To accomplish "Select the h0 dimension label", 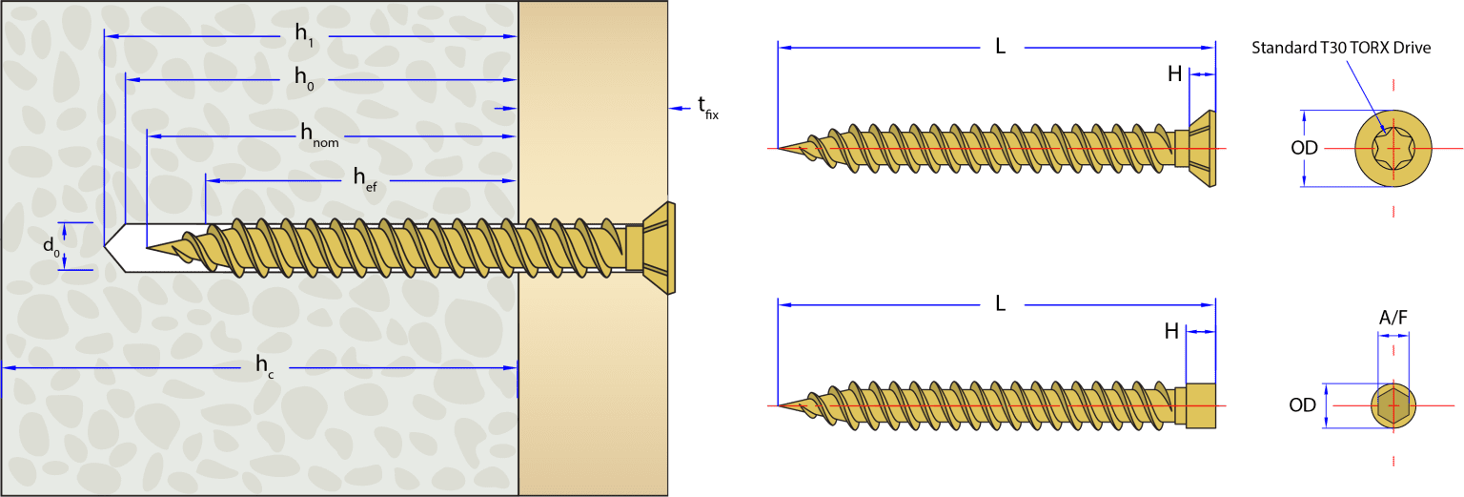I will [x=304, y=81].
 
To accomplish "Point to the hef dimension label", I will [x=364, y=177].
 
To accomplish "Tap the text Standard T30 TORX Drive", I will [x=1340, y=47].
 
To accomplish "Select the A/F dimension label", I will [x=1393, y=319].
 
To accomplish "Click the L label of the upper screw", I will [x=1000, y=46].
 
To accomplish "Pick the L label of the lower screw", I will [x=1000, y=303].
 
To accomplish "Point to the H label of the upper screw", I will [x=1174, y=73].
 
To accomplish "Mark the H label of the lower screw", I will [x=1171, y=331].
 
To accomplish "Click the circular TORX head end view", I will [x=1393, y=149].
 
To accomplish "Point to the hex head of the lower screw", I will [x=1201, y=406].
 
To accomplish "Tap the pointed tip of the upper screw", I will [x=783, y=148].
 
